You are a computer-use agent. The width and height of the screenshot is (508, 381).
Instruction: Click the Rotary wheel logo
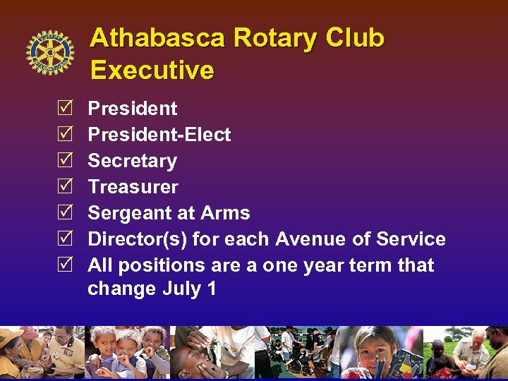click(49, 53)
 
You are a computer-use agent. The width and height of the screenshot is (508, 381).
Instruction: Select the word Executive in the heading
click(152, 71)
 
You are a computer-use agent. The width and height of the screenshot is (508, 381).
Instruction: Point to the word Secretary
click(132, 161)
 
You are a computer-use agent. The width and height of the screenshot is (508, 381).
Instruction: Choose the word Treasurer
click(133, 187)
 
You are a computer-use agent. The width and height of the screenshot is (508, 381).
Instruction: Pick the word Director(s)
click(137, 239)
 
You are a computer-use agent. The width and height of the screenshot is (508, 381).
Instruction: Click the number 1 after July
click(212, 289)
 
